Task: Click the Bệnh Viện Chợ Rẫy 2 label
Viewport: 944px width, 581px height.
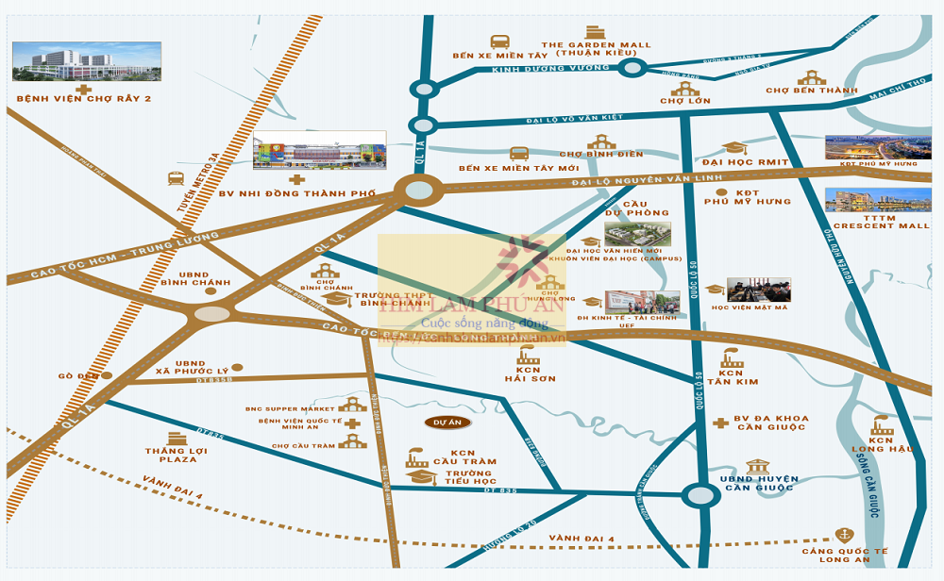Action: (84, 98)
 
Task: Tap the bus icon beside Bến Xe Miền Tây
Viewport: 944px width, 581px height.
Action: (499, 41)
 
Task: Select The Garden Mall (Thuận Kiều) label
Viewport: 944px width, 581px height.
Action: (596, 49)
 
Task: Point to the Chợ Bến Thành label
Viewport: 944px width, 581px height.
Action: (811, 91)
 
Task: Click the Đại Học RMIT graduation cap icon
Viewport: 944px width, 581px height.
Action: (733, 148)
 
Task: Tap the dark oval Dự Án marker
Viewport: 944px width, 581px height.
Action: (447, 423)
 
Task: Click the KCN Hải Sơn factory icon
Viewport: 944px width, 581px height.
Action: (528, 357)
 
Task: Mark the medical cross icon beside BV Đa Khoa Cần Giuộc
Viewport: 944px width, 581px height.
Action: (720, 423)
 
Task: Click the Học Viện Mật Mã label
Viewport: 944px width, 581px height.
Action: (749, 307)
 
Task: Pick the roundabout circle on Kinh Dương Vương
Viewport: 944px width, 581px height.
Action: (632, 67)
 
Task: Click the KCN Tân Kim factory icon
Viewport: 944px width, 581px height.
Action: (732, 358)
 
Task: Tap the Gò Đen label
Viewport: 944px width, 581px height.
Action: (78, 375)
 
